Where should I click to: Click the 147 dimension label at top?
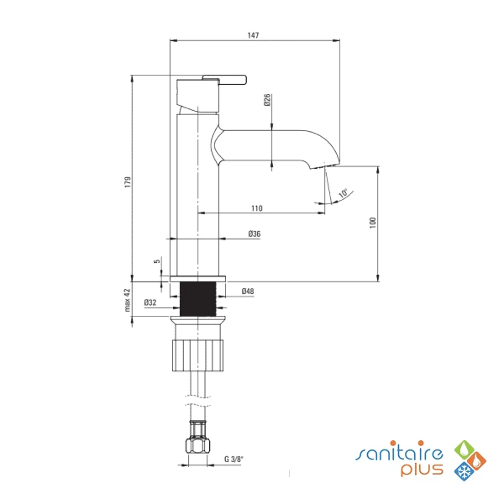254,35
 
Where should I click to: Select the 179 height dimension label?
129,182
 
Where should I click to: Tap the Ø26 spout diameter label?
267,100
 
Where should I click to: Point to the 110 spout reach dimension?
257,208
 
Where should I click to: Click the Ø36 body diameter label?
255,234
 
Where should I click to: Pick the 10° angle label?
344,193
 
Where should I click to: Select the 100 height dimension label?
373,223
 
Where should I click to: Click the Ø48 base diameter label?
248,291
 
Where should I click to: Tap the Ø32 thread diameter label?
150,302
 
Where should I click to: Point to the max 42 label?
128,300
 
